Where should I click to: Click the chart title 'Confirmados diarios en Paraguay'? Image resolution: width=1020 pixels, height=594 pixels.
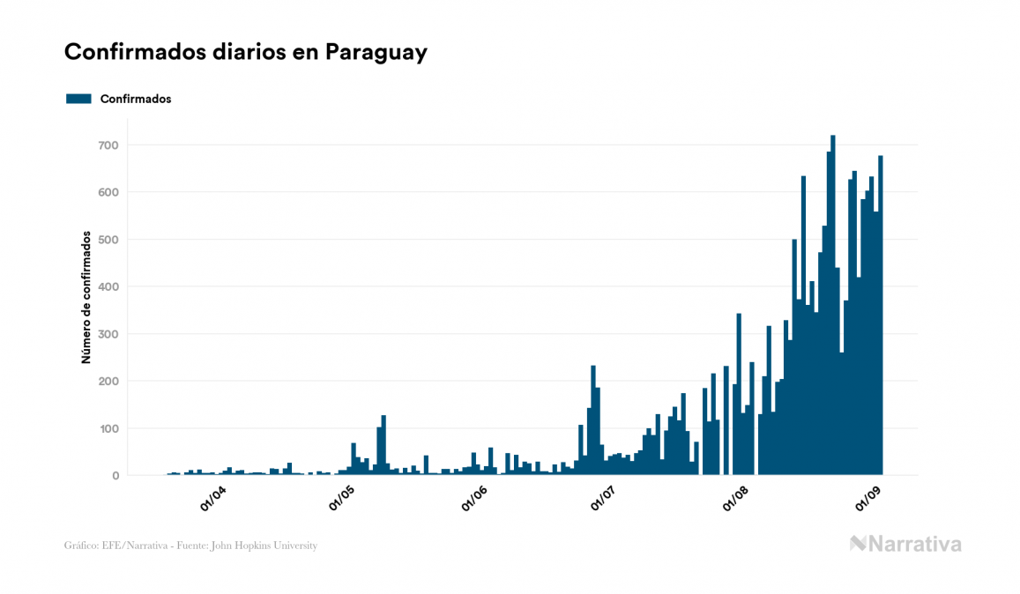pos(246,52)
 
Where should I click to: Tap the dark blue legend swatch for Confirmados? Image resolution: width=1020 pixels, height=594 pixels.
pos(78,99)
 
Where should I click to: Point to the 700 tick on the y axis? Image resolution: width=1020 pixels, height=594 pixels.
pos(108,145)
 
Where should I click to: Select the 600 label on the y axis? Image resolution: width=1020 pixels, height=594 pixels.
pos(108,192)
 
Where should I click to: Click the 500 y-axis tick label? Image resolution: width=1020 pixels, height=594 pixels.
pos(108,240)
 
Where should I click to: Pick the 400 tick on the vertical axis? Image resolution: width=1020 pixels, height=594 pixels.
pos(108,286)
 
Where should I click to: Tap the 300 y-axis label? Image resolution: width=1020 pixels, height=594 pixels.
pos(108,334)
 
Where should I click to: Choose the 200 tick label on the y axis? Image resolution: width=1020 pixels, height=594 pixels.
pos(108,382)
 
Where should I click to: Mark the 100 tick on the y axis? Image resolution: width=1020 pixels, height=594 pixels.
pos(108,428)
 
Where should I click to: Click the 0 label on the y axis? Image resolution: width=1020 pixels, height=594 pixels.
pos(115,476)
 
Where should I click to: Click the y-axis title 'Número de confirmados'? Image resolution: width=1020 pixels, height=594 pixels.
pos(86,298)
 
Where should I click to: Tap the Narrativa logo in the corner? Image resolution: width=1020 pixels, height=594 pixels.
pos(905,544)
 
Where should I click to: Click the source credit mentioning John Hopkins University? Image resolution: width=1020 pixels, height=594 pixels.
pos(190,546)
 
